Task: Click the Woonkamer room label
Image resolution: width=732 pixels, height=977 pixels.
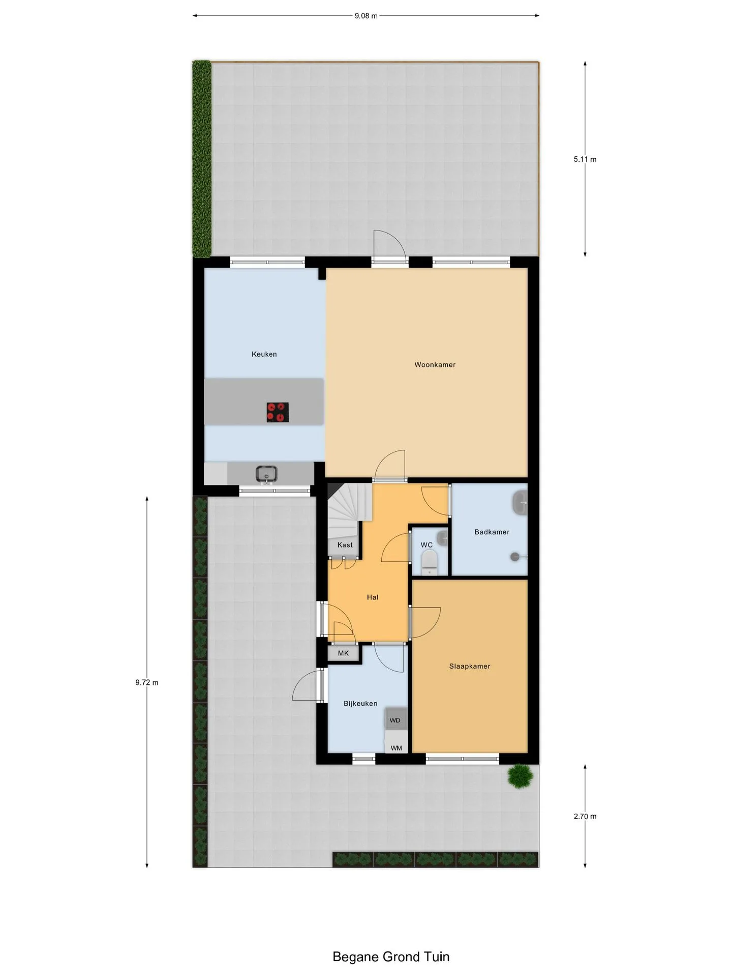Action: click(435, 365)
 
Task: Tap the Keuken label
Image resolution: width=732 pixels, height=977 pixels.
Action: click(264, 354)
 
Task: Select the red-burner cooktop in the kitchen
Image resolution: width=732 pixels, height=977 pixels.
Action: click(278, 412)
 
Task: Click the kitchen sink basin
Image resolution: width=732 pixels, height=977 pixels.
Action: click(266, 474)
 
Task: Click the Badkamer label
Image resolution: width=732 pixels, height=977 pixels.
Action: click(492, 532)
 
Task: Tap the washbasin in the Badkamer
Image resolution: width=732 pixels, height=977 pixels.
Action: click(520, 503)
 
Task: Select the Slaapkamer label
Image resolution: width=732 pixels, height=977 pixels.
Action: click(470, 666)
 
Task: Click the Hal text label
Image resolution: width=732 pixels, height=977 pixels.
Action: click(373, 597)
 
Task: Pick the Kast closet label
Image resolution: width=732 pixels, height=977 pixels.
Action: click(345, 545)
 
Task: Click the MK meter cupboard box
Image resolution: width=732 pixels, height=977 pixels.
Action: click(344, 653)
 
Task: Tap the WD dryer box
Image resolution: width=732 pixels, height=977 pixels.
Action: click(396, 720)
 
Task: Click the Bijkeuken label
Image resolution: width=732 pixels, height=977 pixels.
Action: click(360, 704)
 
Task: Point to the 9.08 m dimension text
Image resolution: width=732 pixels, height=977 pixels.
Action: click(366, 16)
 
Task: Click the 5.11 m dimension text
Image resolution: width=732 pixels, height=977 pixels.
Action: click(585, 159)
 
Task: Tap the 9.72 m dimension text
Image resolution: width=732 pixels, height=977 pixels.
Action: click(147, 683)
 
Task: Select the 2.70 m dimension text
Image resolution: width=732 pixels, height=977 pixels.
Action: click(585, 816)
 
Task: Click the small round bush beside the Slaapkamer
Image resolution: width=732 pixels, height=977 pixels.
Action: click(521, 776)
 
